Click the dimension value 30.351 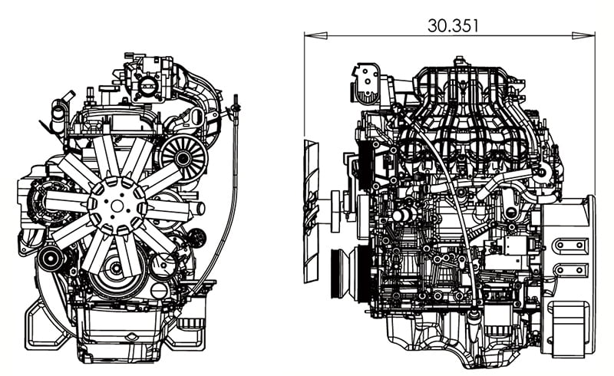point(453,25)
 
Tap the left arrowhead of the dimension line point(311,35)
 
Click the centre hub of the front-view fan point(117,205)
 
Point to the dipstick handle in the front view point(236,102)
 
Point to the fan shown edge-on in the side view point(311,211)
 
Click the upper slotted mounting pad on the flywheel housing point(569,246)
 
